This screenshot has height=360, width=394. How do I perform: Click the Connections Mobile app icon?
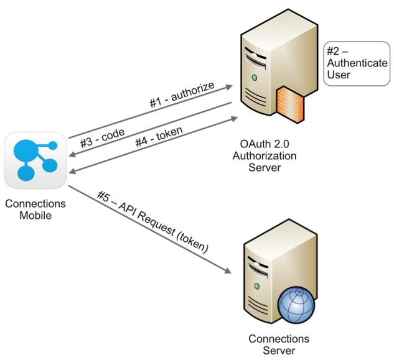[36, 159]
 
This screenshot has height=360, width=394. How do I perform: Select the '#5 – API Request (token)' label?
[152, 221]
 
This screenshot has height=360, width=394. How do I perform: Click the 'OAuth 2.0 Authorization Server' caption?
[271, 155]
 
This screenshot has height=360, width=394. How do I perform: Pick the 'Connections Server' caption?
[278, 344]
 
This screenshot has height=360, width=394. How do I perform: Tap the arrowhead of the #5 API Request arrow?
[230, 271]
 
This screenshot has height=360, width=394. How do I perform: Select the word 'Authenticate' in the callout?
[351, 64]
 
